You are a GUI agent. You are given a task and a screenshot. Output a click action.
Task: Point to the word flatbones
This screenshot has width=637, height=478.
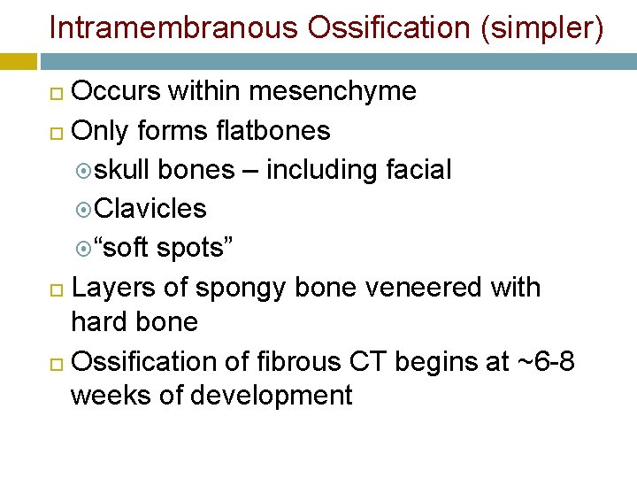272,130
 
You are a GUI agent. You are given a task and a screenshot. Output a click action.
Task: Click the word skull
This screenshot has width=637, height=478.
124,169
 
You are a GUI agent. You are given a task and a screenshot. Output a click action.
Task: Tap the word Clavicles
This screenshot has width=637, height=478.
150,208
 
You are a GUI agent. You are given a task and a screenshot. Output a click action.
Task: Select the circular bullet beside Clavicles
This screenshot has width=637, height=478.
83,210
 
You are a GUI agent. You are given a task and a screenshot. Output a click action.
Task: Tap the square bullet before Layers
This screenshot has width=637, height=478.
56,289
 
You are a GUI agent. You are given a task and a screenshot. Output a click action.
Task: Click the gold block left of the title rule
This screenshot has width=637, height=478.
19,61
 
